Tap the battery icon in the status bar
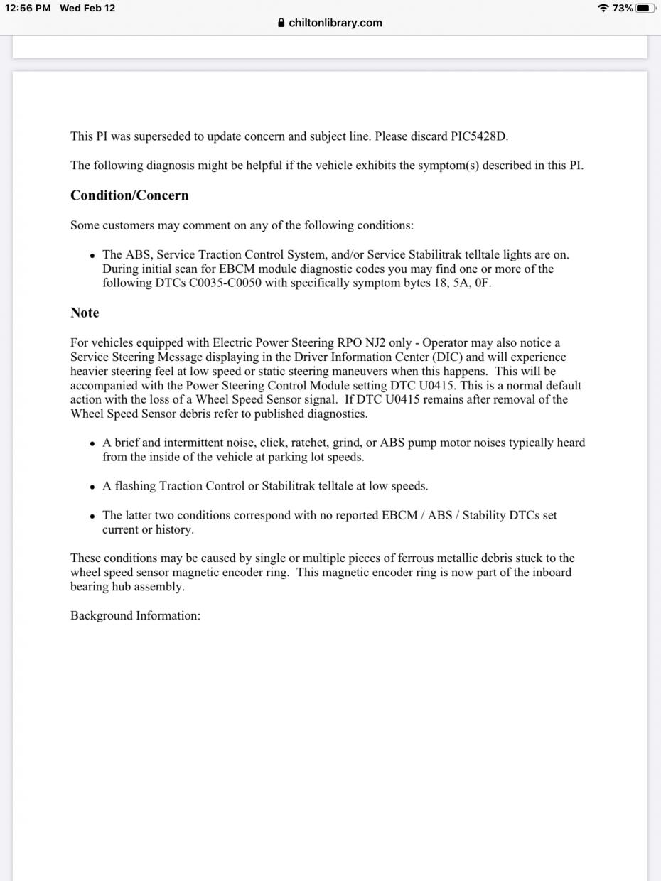645,9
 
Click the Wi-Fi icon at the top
603,9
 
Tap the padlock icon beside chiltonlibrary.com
282,23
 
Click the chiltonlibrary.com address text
335,23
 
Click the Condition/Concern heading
129,195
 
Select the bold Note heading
85,313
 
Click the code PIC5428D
479,136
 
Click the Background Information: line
135,615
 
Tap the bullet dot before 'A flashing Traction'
92,487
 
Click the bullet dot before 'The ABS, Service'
92,255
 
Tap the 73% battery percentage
623,9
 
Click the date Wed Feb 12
87,8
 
